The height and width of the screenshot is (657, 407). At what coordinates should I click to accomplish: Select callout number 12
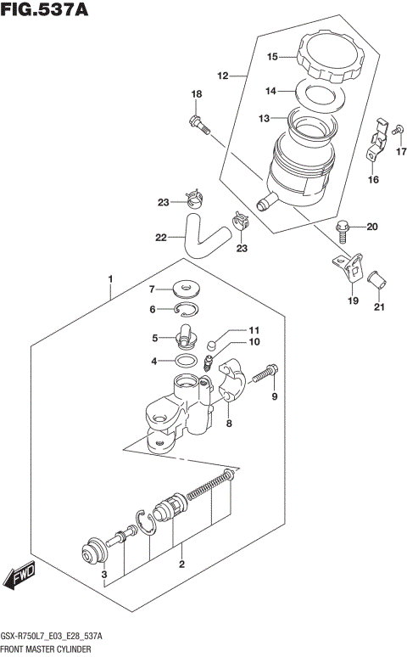point(223,76)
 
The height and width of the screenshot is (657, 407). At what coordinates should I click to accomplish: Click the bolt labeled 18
point(199,123)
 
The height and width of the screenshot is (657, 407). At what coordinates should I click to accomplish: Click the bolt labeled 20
point(342,227)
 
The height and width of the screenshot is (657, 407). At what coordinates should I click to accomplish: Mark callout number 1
point(109,278)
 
